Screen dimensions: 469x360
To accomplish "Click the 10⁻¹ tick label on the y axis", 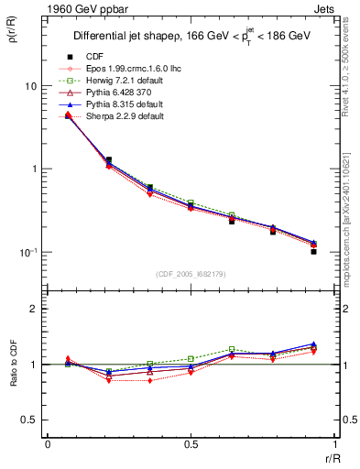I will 27,253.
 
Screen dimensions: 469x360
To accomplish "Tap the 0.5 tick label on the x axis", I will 191,443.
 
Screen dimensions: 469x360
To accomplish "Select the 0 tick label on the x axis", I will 47,443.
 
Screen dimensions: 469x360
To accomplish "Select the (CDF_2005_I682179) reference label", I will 191,274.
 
